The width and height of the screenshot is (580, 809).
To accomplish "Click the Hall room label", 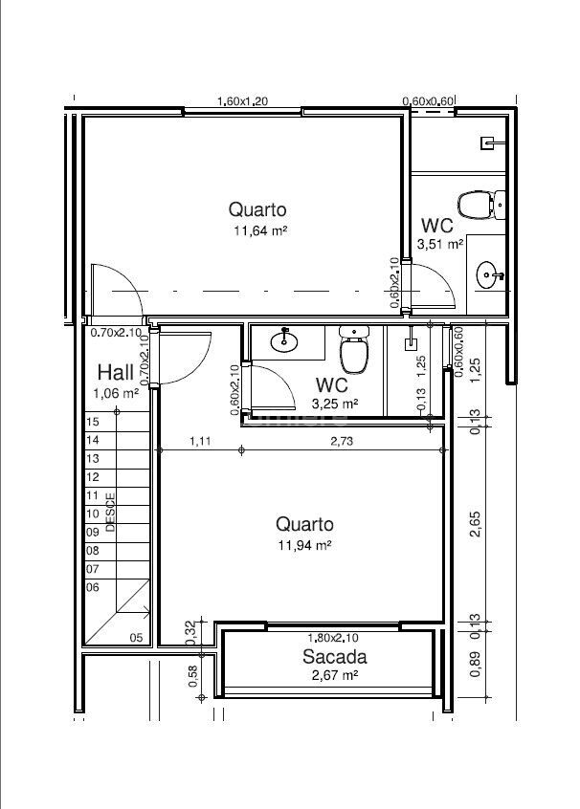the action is tap(115, 372).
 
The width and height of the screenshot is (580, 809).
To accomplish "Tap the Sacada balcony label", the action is tap(335, 657).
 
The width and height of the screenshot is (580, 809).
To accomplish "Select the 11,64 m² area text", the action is tap(260, 230).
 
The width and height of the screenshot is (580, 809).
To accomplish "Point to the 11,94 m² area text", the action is tap(304, 545).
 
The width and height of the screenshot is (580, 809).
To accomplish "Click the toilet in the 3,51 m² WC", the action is tap(481, 205).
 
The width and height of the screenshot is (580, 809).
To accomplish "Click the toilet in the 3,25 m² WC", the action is tap(354, 349).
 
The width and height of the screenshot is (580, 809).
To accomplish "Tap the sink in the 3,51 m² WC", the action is tap(488, 275).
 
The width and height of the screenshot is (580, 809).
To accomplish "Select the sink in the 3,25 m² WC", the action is tap(283, 340).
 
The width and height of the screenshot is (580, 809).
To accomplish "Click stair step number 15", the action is tap(93, 422).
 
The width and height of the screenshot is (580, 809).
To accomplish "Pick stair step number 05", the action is tap(136, 638).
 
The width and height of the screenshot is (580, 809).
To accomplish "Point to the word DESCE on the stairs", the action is tap(110, 513).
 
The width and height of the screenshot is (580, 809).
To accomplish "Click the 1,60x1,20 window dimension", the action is tap(243, 101).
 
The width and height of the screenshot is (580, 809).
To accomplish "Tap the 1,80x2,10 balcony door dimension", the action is tap(333, 638).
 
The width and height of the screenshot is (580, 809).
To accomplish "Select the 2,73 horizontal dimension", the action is tap(342, 441).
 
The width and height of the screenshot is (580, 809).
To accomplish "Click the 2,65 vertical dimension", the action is tap(475, 524).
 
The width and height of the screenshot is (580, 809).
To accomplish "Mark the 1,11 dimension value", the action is tap(200, 441).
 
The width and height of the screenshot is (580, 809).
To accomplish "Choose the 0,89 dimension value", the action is tap(475, 665).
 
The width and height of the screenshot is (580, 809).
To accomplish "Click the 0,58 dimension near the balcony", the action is tap(192, 676).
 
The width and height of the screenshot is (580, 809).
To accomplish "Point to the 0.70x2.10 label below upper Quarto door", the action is tap(116, 333).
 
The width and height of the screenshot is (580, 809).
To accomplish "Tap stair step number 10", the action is tap(93, 514).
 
